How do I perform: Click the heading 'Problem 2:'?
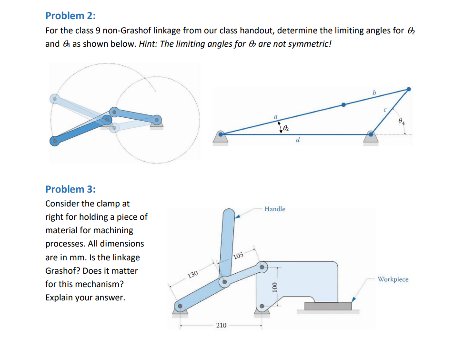point(70,15)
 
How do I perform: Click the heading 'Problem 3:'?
point(70,189)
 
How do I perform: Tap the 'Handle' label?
point(275,209)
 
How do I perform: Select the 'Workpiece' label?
point(393,279)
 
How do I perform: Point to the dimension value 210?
point(221,325)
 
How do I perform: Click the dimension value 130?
point(192,275)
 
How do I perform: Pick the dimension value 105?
point(239,255)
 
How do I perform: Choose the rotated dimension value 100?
point(274,287)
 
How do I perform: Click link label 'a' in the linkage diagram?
point(275,116)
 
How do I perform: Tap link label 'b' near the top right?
point(374,91)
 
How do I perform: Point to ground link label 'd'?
point(298,140)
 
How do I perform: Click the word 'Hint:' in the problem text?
point(149,44)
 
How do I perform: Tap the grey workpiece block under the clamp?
point(328,306)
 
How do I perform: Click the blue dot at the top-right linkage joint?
point(408,89)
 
